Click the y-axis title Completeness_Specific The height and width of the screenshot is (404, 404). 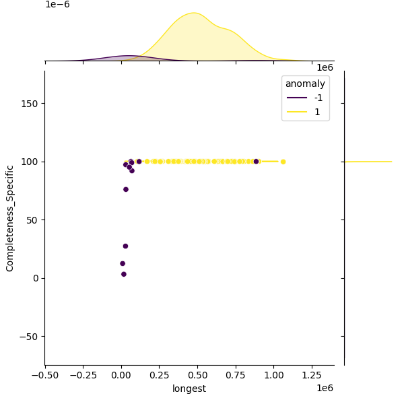[x=10, y=217]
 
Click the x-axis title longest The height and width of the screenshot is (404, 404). [x=189, y=389]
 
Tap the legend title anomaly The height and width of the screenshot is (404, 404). [x=306, y=83]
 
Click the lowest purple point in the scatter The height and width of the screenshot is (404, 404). [x=124, y=274]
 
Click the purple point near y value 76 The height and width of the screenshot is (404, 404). [x=126, y=189]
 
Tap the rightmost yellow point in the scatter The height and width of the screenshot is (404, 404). [x=283, y=162]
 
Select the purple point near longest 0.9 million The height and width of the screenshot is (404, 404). [x=256, y=162]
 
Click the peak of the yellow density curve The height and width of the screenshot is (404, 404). [x=193, y=13]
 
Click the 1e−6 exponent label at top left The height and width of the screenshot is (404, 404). [x=57, y=5]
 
